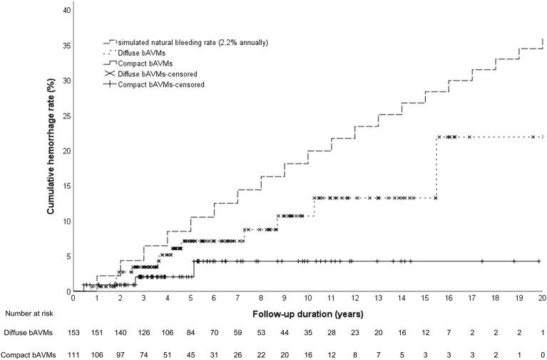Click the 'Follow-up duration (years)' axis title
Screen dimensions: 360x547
click(307, 314)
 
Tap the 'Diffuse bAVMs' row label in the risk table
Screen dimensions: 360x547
click(31, 332)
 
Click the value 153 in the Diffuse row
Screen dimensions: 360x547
click(73, 332)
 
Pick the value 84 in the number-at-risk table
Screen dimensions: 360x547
click(190, 332)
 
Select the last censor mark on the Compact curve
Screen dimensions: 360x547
click(538, 261)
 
